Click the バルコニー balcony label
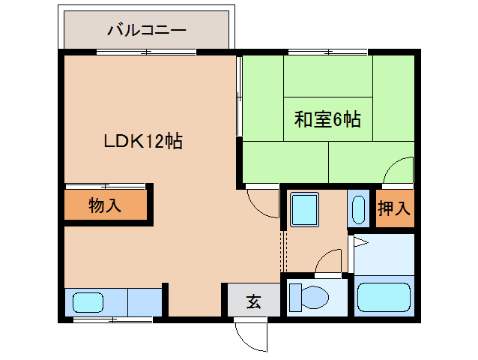click(x=147, y=31)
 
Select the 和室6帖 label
click(x=327, y=118)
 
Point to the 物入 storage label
click(x=105, y=205)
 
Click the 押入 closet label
click(x=394, y=208)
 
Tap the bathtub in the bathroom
click(x=384, y=297)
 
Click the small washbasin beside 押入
click(x=358, y=208)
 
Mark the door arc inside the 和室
click(x=398, y=170)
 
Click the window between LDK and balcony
click(x=146, y=52)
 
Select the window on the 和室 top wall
click(x=327, y=52)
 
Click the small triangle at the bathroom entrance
click(x=359, y=241)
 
